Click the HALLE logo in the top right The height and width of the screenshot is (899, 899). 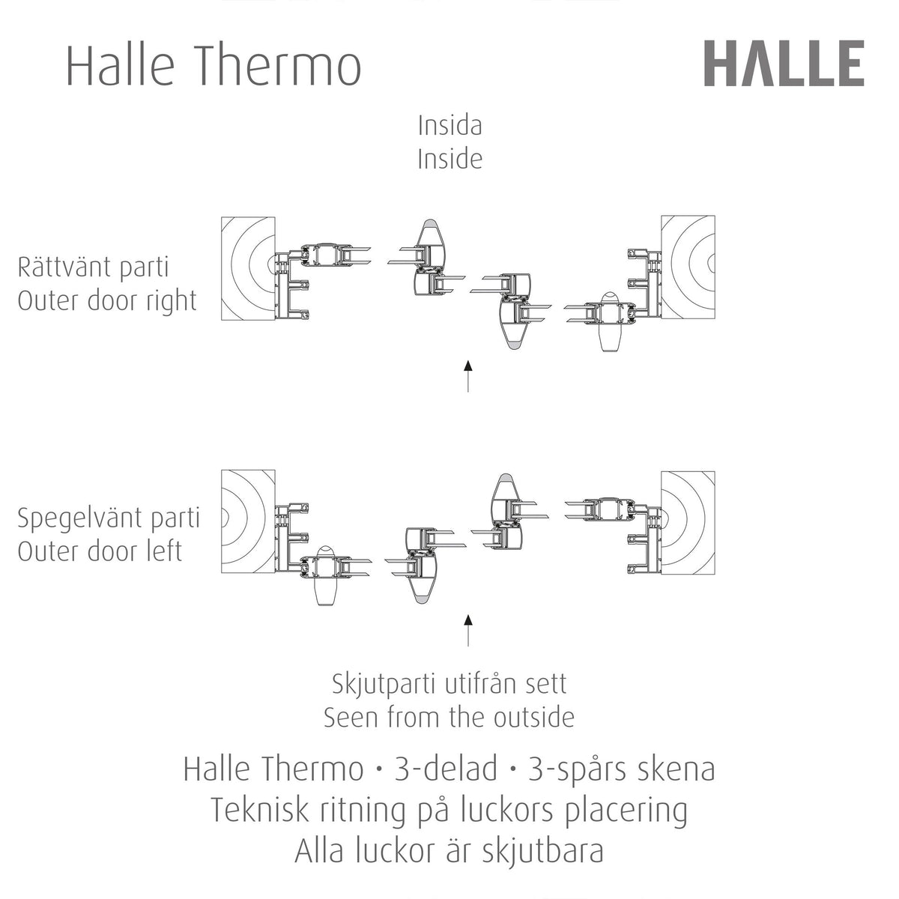pos(784,63)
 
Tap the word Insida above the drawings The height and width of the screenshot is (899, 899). pos(449,126)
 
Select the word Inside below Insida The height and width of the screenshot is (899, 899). pos(449,159)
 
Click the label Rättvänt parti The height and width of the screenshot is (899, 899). pos(94,267)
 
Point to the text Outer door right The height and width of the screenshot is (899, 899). pos(107,301)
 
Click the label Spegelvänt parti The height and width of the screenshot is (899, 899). pos(109,518)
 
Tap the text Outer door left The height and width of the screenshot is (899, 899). pos(100,551)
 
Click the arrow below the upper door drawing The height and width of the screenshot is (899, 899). pos(468,376)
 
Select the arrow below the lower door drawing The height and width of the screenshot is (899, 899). pos(468,630)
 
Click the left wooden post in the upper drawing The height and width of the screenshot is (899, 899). pos(248,269)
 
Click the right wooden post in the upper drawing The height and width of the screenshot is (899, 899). pos(688,267)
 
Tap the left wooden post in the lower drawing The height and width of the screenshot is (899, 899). pos(248,521)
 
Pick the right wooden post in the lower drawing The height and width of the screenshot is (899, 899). pos(688,523)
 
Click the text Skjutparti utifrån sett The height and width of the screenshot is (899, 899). pos(449,685)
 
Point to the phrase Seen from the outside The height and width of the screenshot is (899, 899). pos(449,717)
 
